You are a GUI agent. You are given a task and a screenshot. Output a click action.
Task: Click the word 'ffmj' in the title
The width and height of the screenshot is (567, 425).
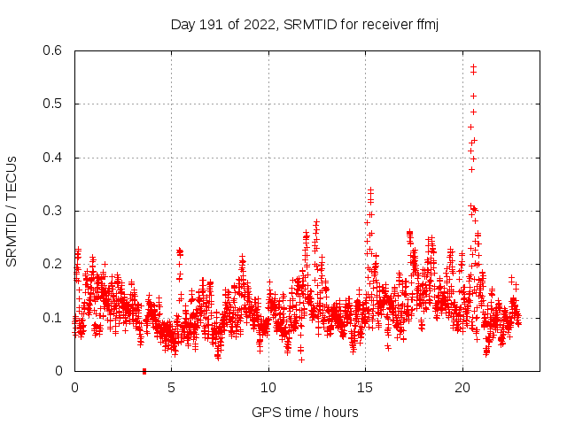[426, 24]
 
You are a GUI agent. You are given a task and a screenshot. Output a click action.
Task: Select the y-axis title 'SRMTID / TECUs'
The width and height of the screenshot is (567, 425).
[12, 211]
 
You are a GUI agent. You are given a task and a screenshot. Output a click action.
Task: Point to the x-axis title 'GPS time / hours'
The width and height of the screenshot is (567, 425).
[305, 412]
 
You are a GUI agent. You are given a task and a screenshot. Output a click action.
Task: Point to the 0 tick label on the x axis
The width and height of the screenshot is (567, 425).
[74, 388]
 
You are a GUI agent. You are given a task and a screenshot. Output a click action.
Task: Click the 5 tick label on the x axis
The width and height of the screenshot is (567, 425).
[171, 388]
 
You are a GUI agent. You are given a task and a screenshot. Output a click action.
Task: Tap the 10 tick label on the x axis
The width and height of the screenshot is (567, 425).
[268, 388]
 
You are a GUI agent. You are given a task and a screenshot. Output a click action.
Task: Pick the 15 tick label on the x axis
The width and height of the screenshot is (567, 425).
[365, 388]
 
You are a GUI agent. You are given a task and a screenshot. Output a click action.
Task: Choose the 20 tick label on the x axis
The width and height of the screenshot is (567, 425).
[462, 388]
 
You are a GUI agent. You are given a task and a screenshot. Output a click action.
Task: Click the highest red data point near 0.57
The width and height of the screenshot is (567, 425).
[473, 66]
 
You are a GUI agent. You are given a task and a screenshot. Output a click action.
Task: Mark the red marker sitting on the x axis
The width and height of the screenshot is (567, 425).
[144, 371]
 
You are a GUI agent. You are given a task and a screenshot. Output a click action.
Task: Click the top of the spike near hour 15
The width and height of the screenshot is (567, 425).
[370, 189]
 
